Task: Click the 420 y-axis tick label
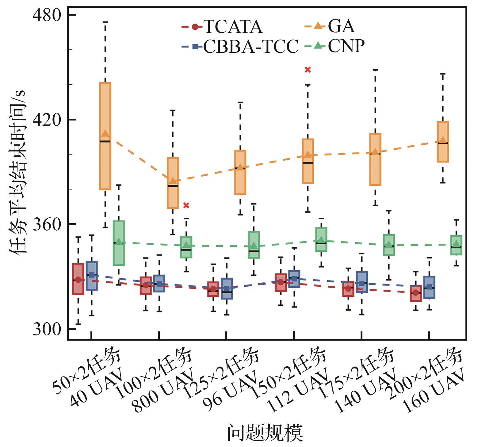click(x=47, y=120)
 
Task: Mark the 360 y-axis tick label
click(x=47, y=224)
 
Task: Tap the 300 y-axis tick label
click(x=47, y=329)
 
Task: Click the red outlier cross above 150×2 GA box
click(x=308, y=70)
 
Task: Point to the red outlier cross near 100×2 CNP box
click(x=186, y=205)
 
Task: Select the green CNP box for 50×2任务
click(x=119, y=243)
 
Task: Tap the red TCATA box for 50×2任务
click(x=78, y=279)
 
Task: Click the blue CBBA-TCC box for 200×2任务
click(x=429, y=287)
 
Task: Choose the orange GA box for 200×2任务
click(x=443, y=142)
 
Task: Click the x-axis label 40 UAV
click(x=96, y=388)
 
